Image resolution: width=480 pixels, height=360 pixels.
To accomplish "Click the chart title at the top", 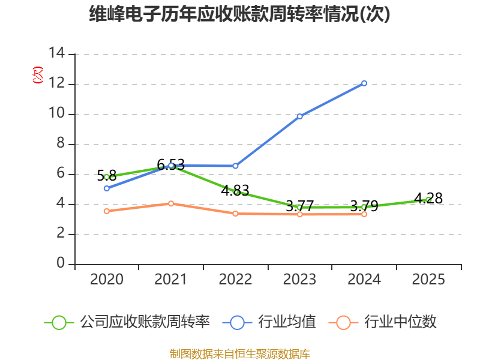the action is tap(239, 14).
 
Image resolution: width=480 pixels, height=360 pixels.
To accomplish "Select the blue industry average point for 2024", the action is tap(364, 83).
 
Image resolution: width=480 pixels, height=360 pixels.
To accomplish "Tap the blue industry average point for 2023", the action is tap(299, 116).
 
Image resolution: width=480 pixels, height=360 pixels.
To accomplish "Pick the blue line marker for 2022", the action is tap(235, 166).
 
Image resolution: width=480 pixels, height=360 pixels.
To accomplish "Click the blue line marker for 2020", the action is tap(107, 188).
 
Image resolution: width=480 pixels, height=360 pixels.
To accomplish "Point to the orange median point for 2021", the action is tap(171, 203).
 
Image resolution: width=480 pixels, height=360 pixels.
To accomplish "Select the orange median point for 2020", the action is tap(107, 211).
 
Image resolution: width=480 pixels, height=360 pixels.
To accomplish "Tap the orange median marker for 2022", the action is tap(235, 214).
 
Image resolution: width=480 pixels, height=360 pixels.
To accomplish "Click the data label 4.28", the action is tap(428, 199).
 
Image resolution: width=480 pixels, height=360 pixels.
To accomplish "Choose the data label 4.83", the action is tap(235, 190).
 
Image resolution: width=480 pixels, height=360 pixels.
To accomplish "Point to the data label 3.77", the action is tap(299, 206).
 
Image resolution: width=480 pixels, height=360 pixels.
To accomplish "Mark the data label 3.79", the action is tap(364, 206).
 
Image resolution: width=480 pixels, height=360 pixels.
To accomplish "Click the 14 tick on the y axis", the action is tap(57, 53).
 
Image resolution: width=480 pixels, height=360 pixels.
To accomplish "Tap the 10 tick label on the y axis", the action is tap(57, 113).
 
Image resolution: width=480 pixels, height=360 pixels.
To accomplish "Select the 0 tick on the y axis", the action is tap(61, 263).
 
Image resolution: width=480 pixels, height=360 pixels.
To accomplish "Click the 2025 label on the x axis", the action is tap(428, 279).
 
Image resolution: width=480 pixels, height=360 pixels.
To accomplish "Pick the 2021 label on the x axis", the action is tap(170, 279).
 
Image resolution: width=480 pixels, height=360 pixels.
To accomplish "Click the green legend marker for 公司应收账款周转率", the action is tap(59, 323).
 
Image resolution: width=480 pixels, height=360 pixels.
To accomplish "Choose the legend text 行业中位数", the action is tap(400, 322).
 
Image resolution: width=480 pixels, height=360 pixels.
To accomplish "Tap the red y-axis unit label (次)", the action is tap(38, 75).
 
